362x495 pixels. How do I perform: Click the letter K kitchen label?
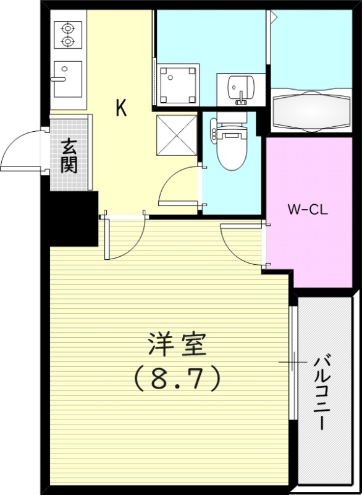tap(121, 109)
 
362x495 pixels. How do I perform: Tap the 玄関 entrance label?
tap(69, 156)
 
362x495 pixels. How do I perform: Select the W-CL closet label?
tap(308, 209)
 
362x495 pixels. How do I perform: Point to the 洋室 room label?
tap(177, 345)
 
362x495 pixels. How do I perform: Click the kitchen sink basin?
tap(67, 79)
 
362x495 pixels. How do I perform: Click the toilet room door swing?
tap(179, 186)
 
